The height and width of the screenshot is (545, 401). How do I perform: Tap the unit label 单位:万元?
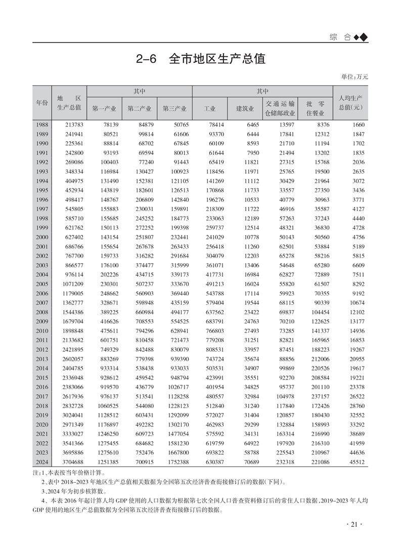[355, 77]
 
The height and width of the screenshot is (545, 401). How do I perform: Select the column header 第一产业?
[104, 108]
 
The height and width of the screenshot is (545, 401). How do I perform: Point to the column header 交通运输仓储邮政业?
[280, 108]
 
